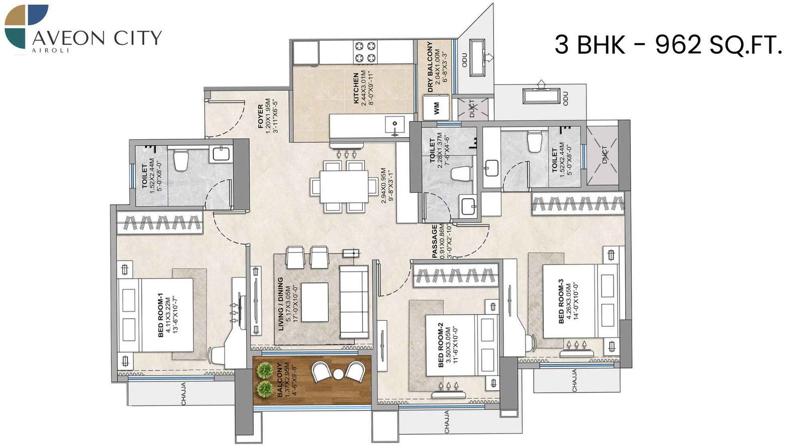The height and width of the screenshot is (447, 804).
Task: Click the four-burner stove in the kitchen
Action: [x=365, y=52]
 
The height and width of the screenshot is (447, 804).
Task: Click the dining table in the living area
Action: [x=344, y=187]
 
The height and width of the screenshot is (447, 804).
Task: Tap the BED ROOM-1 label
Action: [x=161, y=315]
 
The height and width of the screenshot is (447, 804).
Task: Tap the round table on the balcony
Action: [x=338, y=374]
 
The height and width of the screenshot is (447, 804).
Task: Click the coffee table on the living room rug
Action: [x=315, y=302]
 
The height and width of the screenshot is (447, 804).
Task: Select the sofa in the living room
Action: [x=353, y=302]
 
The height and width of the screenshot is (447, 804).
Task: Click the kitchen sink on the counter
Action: [x=395, y=123]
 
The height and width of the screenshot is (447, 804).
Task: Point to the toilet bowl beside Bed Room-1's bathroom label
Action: [x=180, y=160]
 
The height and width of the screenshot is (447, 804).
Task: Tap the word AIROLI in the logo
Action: [x=50, y=50]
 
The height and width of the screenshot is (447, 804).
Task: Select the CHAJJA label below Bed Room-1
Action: [x=183, y=394]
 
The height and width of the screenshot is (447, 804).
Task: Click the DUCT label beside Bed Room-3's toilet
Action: [x=605, y=154]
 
